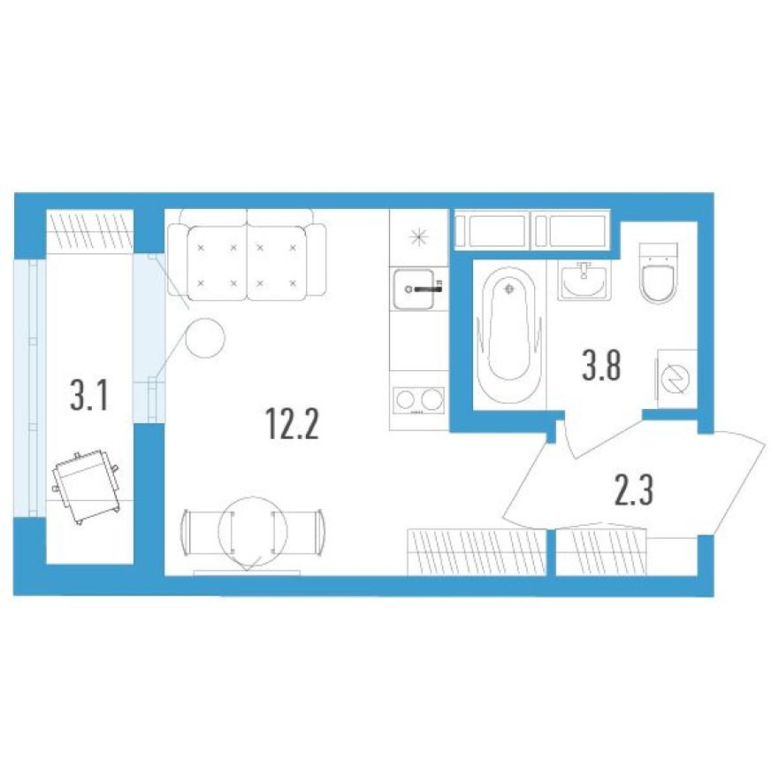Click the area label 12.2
(x=291, y=426)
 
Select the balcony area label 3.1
(x=88, y=396)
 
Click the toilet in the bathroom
(x=659, y=282)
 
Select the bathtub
(x=508, y=337)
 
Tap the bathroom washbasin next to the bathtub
(x=584, y=281)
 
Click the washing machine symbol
(x=676, y=378)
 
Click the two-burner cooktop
(x=418, y=399)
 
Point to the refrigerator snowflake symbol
(x=418, y=236)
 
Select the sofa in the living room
(x=247, y=257)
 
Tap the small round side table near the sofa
(x=205, y=337)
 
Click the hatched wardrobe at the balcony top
(x=88, y=231)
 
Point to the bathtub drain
(x=508, y=288)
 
